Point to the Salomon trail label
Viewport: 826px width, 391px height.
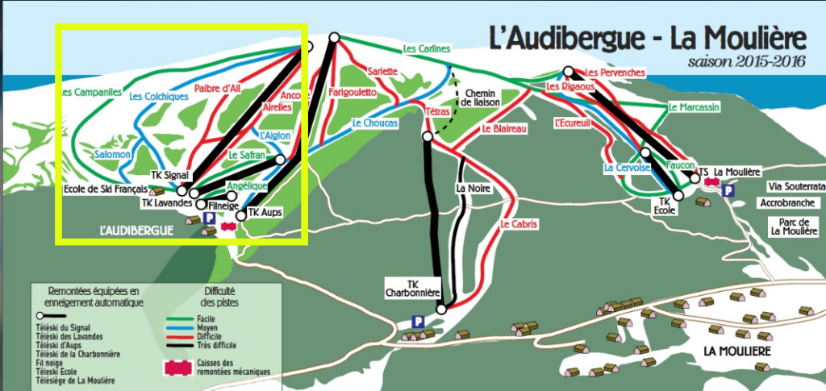[112, 154]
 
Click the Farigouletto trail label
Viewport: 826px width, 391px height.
[352, 93]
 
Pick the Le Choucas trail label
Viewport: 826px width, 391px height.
[374, 123]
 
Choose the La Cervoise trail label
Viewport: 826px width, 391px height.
[621, 168]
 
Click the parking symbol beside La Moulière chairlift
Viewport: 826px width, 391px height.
[728, 192]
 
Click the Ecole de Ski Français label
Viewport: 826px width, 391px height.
[106, 190]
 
